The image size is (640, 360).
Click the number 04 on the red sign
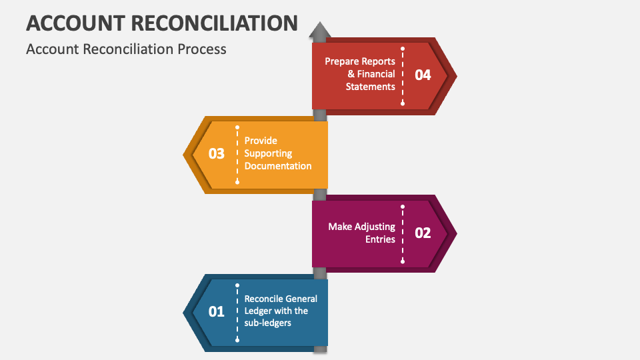(x=423, y=75)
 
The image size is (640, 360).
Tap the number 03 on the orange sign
(x=217, y=153)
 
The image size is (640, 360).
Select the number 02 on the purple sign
(x=423, y=233)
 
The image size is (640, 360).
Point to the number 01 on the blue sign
(x=217, y=311)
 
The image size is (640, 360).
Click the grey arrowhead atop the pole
(x=320, y=30)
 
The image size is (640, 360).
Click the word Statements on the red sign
(x=370, y=87)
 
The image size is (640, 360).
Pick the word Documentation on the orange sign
(x=278, y=166)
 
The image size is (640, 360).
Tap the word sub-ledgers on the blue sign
(x=267, y=323)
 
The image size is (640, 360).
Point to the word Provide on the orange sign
(x=261, y=141)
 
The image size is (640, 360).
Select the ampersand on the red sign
(x=351, y=74)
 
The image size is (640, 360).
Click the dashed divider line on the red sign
(x=403, y=75)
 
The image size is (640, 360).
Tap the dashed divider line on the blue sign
(x=237, y=311)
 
